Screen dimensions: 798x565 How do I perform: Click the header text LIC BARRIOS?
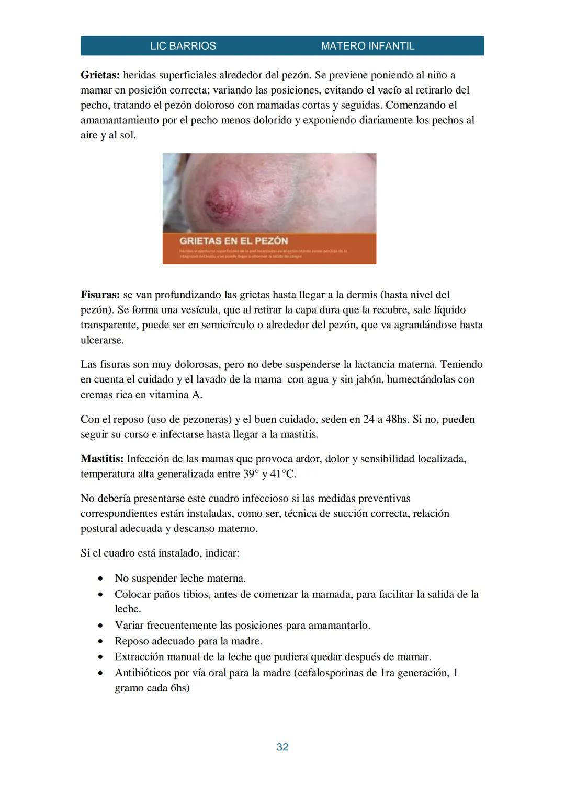pyautogui.click(x=183, y=46)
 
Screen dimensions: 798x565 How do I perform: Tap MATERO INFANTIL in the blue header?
pyautogui.click(x=367, y=46)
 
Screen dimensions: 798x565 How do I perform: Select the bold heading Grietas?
pyautogui.click(x=100, y=75)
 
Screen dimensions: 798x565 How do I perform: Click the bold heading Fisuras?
pyautogui.click(x=100, y=295)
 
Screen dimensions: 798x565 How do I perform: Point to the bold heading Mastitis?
pyautogui.click(x=102, y=459)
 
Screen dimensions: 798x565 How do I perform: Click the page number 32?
pyautogui.click(x=282, y=747)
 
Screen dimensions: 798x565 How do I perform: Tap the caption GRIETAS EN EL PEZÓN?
pyautogui.click(x=233, y=241)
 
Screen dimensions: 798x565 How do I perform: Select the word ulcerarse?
pyautogui.click(x=102, y=340)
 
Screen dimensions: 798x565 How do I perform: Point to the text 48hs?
pyautogui.click(x=397, y=419)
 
